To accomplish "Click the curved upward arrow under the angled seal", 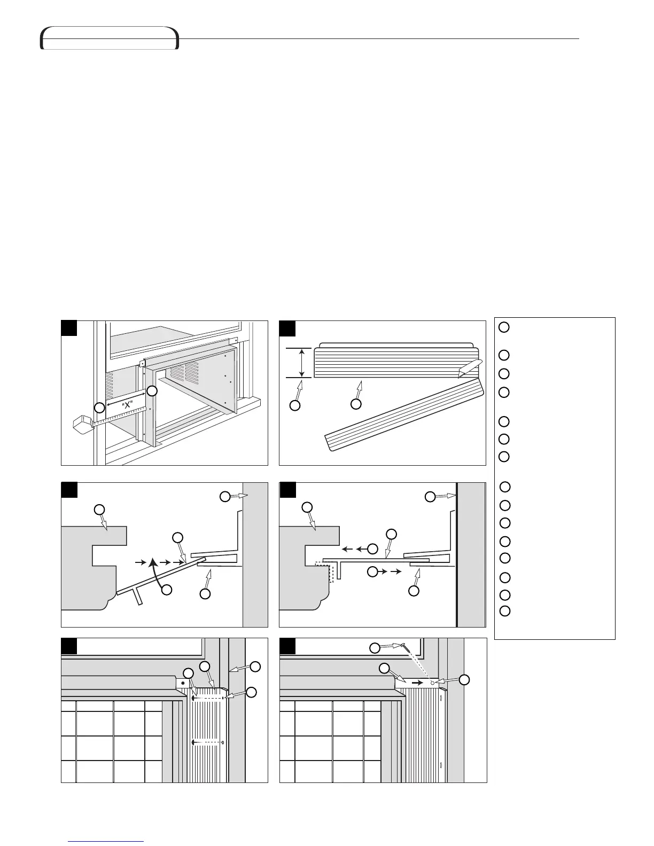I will click(x=154, y=571).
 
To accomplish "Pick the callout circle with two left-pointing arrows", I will click(x=373, y=549).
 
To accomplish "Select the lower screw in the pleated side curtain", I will click(x=207, y=742).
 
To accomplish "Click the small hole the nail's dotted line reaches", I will click(x=432, y=683).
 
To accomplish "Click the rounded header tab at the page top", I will click(x=110, y=38).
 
